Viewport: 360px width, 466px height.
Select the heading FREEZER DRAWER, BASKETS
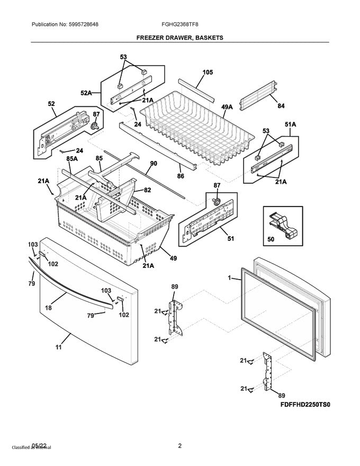tap(179, 38)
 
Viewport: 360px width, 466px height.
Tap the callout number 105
tap(207, 72)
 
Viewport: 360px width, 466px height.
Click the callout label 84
tap(281, 106)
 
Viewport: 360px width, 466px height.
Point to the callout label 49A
tap(227, 107)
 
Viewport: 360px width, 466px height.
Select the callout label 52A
tap(87, 93)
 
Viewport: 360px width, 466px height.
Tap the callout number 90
tap(153, 164)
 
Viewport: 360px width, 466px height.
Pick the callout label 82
tap(147, 190)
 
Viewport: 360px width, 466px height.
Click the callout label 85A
tap(72, 158)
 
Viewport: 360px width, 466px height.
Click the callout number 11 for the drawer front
tap(58, 347)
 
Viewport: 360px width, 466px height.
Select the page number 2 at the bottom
tap(179, 446)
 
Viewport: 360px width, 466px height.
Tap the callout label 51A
tap(290, 125)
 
